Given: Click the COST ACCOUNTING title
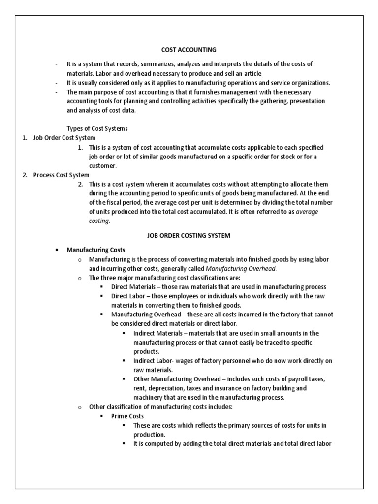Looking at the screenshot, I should coord(189,49).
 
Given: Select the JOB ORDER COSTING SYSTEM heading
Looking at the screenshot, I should coord(189,236).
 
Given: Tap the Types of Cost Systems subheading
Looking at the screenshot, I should coord(97,128).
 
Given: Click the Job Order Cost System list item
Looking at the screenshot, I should coord(64,138).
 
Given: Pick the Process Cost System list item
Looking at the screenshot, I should coord(61,175).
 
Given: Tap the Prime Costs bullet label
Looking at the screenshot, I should coord(127,416).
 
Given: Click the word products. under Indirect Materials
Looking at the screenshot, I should coord(146,351).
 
